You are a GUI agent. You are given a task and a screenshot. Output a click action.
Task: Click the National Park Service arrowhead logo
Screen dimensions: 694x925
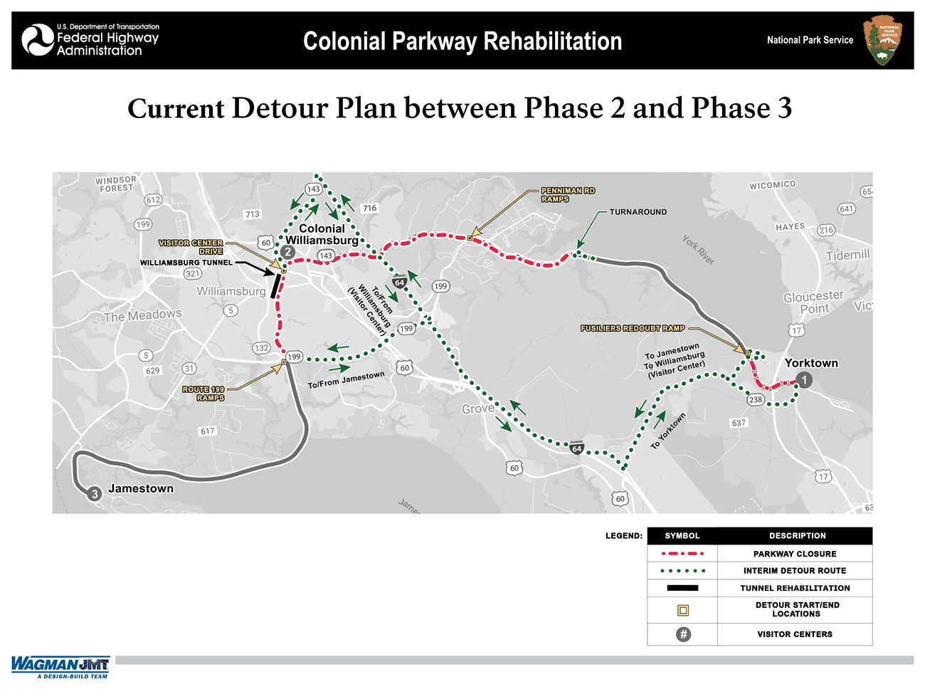click(882, 41)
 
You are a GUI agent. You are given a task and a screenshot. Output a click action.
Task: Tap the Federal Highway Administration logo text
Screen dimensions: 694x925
click(107, 40)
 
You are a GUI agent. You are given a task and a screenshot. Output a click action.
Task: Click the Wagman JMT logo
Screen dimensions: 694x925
click(60, 666)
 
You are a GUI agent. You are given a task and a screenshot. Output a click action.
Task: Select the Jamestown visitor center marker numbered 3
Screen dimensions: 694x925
click(95, 494)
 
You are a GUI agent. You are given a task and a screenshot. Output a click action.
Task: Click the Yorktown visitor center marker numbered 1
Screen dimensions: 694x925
click(804, 380)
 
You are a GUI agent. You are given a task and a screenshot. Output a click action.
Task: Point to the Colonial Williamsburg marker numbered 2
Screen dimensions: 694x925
click(287, 251)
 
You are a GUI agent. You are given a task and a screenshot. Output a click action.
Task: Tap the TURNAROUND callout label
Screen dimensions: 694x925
click(638, 212)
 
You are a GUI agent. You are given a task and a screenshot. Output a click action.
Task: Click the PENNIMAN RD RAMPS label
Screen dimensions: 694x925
click(567, 195)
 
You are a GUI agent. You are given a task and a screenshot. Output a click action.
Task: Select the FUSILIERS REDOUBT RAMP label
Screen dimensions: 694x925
click(633, 328)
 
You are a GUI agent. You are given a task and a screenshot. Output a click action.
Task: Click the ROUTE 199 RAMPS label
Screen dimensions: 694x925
click(203, 394)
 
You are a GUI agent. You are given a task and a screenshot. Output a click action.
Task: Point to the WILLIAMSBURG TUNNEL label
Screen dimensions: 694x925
click(186, 263)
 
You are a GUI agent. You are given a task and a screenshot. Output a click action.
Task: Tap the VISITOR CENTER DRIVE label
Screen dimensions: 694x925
click(191, 247)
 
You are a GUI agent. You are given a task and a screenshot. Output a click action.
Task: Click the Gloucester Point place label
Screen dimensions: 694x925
click(813, 303)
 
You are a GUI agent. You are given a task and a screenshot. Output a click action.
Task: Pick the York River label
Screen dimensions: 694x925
click(698, 250)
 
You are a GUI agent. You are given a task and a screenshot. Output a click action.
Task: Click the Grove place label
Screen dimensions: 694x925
click(477, 409)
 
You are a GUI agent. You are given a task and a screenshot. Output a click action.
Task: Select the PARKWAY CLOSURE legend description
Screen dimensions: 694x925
click(795, 554)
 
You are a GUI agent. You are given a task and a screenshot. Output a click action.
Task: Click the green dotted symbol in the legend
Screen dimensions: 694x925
click(682, 571)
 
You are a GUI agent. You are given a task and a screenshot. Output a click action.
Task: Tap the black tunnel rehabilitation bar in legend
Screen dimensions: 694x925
click(682, 588)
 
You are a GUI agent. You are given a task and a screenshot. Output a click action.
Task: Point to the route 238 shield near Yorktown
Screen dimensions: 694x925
click(755, 399)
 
